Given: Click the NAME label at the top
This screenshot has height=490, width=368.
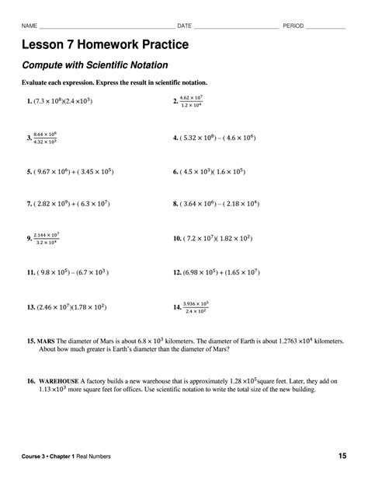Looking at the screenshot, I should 30,26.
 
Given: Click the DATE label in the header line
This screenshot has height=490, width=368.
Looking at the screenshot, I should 185,26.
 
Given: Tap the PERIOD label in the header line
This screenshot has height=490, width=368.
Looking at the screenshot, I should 293,26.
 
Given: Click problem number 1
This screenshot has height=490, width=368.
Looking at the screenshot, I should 29,102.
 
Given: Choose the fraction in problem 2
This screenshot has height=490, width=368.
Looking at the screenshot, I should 191,101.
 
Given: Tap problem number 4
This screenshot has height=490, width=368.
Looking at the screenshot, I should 175,138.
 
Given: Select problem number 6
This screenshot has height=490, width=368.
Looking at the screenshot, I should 175,172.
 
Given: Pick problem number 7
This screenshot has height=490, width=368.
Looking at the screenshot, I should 29,205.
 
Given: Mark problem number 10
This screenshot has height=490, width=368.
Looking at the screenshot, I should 177,239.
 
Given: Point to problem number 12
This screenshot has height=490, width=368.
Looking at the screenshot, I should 177,273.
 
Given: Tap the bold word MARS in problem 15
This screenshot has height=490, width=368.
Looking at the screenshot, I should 46,341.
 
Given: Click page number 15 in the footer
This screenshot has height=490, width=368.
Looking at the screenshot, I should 342,455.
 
